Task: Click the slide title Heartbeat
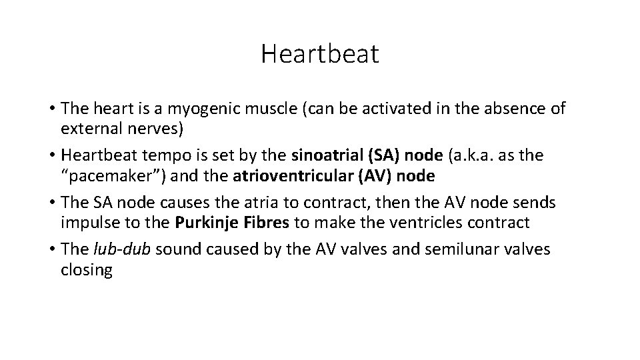coord(319,54)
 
